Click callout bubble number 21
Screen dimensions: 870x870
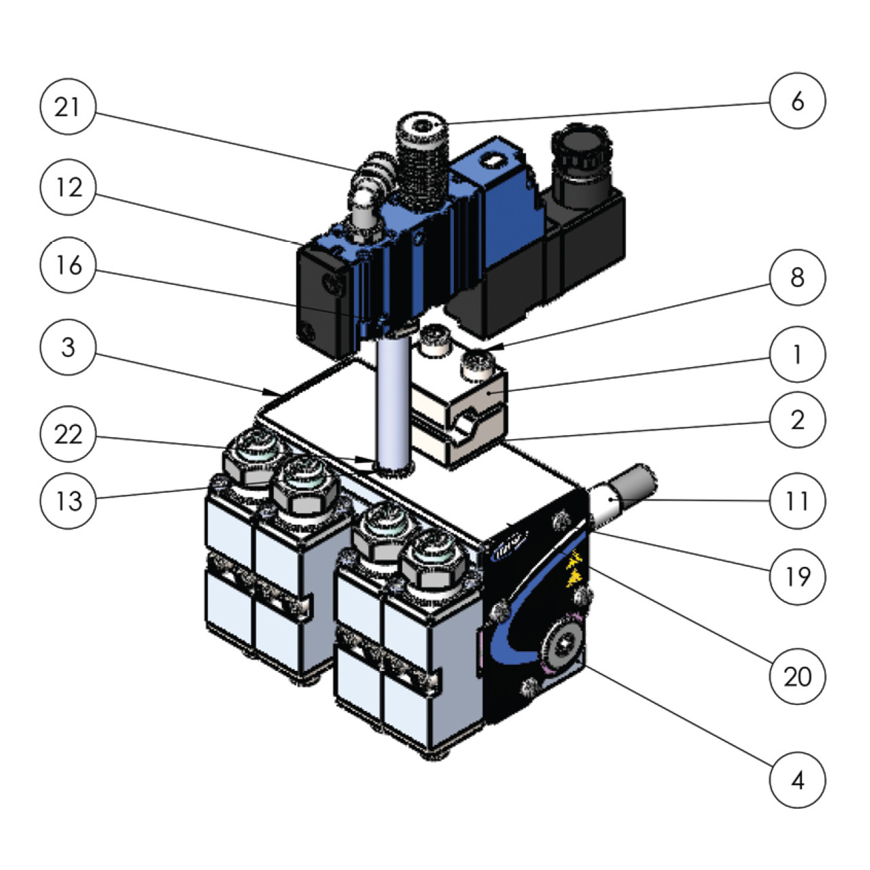pyautogui.click(x=67, y=107)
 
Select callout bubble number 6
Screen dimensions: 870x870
pyautogui.click(x=797, y=101)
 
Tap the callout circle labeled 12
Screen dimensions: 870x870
pyautogui.click(x=67, y=188)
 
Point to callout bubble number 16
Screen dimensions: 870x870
pyautogui.click(x=67, y=266)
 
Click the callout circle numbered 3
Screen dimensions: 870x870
pyautogui.click(x=67, y=347)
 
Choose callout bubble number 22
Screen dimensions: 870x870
pyautogui.click(x=67, y=434)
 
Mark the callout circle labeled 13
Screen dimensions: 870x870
pyautogui.click(x=67, y=501)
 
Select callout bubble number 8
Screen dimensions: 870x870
pyautogui.click(x=797, y=277)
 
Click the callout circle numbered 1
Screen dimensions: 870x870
pyautogui.click(x=797, y=355)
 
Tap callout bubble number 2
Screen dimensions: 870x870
pyautogui.click(x=797, y=420)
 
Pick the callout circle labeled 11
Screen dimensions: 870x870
pyautogui.click(x=797, y=501)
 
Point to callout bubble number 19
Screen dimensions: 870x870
pyautogui.click(x=797, y=576)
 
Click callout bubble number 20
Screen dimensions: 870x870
pyautogui.click(x=797, y=677)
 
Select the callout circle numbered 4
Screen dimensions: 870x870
pyautogui.click(x=797, y=780)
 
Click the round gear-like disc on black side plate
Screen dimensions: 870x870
pyautogui.click(x=562, y=642)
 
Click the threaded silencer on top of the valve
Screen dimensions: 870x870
pyautogui.click(x=422, y=163)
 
